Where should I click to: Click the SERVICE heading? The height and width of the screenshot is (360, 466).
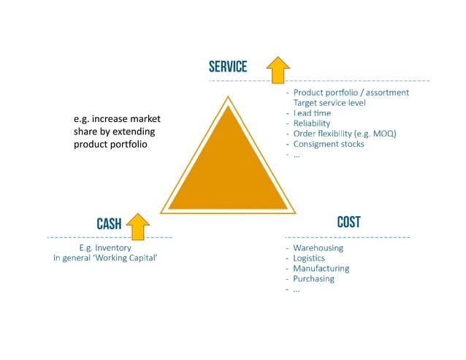tap(228, 66)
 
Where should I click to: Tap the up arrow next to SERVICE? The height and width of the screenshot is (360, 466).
tap(278, 69)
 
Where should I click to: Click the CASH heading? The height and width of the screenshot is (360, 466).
tap(109, 224)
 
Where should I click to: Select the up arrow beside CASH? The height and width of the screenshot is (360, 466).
tap(137, 226)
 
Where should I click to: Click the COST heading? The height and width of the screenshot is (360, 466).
tap(348, 222)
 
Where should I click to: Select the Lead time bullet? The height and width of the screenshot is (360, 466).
tap(312, 113)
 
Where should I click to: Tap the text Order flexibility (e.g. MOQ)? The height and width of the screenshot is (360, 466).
tap(343, 134)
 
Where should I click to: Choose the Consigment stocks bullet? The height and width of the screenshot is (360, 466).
tap(329, 144)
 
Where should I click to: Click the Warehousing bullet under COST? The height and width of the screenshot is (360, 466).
tap(318, 248)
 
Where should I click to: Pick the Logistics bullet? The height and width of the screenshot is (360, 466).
tap(309, 258)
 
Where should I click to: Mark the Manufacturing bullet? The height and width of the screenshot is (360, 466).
tap(321, 268)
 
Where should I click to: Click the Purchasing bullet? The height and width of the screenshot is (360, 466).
tap(313, 278)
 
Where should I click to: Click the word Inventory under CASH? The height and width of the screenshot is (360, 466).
tap(124, 247)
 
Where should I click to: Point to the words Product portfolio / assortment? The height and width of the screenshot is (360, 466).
tap(351, 93)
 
